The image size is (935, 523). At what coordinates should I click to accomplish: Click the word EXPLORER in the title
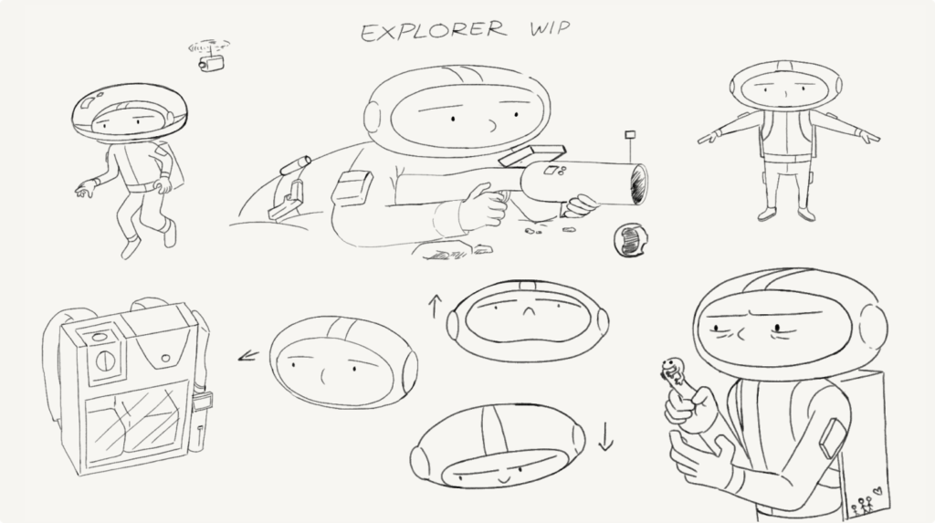[x=434, y=31]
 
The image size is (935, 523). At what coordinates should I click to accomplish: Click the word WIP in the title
[x=549, y=28]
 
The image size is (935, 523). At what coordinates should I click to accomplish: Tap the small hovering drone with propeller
[x=209, y=56]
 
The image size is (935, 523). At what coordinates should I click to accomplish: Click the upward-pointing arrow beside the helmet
[x=434, y=306]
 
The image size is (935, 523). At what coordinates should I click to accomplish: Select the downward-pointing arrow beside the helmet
[x=606, y=436]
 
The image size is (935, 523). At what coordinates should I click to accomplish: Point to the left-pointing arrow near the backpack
[x=248, y=356]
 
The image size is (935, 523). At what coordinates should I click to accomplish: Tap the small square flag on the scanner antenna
[x=630, y=135]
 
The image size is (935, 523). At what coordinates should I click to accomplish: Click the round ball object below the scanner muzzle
[x=630, y=239]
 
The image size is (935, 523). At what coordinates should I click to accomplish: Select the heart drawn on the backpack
[x=877, y=491]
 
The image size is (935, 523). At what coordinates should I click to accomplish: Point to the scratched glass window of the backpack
[x=133, y=420]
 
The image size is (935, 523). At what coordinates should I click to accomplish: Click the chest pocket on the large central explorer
[x=352, y=188]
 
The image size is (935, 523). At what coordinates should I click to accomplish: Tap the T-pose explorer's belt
[x=787, y=157]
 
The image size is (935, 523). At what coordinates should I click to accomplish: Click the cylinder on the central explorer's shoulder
[x=295, y=165]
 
